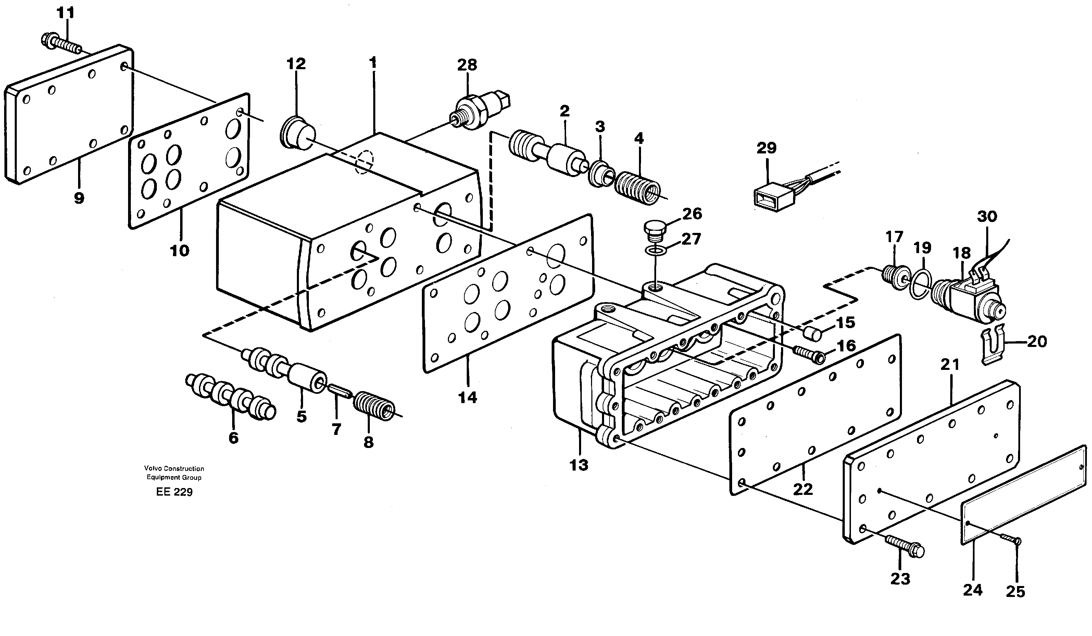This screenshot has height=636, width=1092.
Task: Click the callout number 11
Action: [x=66, y=13]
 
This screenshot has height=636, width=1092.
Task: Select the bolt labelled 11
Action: [x=61, y=43]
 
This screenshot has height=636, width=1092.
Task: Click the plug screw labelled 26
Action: [x=654, y=229]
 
